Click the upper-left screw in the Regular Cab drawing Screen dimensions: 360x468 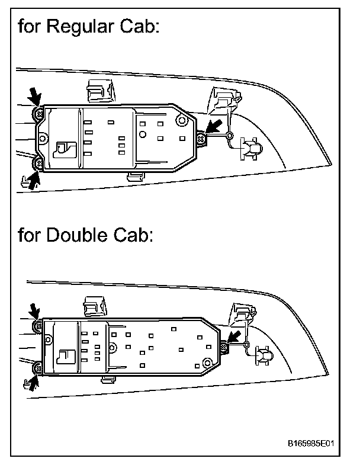(39, 112)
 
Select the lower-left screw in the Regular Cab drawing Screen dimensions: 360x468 (39, 162)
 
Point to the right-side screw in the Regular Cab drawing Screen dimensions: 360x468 (202, 138)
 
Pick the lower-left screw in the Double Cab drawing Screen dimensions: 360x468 (38, 368)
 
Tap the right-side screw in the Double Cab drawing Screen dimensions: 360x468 (224, 347)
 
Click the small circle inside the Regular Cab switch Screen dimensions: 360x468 (142, 134)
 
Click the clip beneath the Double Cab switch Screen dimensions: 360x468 (108, 379)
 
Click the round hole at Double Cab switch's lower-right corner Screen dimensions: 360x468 (206, 362)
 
